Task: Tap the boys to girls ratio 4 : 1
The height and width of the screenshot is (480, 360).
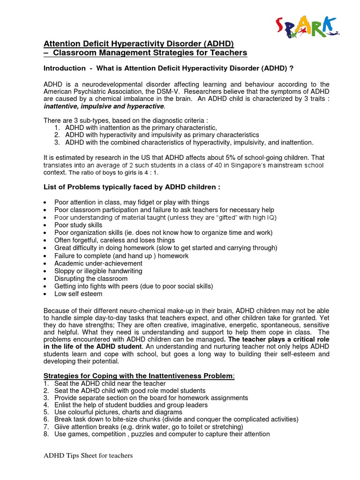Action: point(149,172)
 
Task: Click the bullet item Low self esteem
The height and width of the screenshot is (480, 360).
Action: point(78,294)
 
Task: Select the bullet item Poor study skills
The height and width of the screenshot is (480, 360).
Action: point(78,225)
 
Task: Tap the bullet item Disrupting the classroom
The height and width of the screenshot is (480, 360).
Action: point(90,278)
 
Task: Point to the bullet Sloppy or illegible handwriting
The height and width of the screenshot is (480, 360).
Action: point(98,271)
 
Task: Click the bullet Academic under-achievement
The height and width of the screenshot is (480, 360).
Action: point(98,263)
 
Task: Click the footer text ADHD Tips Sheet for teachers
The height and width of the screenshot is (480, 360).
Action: point(88,456)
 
